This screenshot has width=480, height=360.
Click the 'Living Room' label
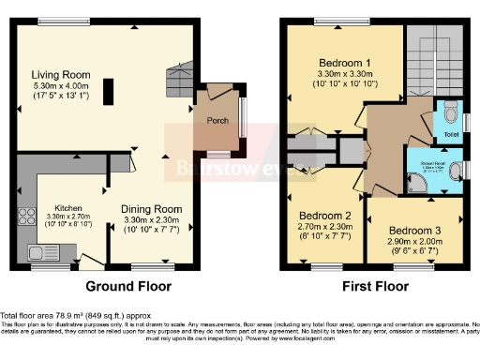tap(61, 74)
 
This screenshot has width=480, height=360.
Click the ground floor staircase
tap(178, 77)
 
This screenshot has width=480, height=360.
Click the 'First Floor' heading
tap(376, 286)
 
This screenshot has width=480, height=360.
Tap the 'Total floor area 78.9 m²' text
tap(70, 316)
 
